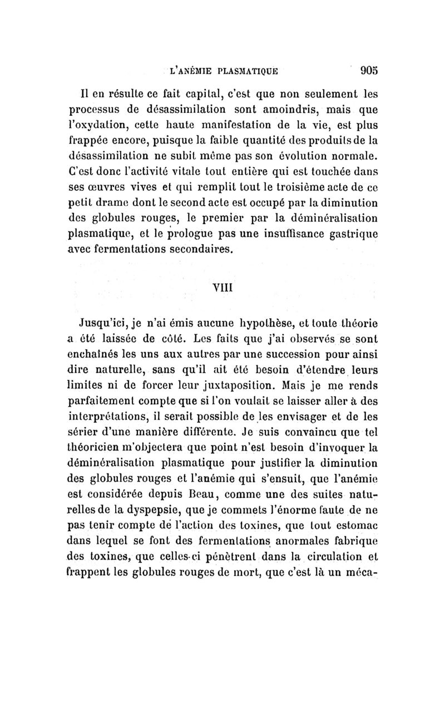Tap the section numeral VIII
tap(223, 288)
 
